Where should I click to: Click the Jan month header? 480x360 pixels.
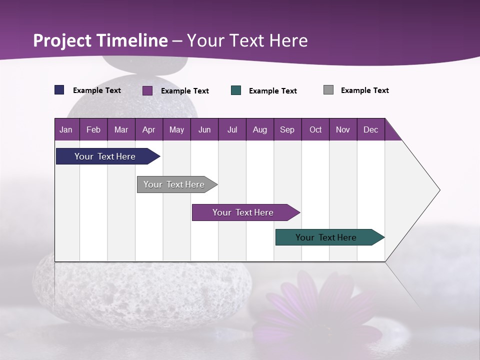[66, 130]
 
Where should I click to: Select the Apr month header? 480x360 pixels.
[149, 130]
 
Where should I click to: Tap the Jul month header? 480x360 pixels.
[232, 130]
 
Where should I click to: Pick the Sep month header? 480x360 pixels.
[287, 130]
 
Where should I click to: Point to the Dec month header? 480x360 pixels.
[371, 130]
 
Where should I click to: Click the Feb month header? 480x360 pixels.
[93, 130]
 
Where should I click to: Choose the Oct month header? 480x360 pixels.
[315, 130]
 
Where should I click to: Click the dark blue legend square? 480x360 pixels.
[59, 90]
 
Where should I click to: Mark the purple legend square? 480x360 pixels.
[147, 90]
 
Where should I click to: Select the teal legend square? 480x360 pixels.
[236, 90]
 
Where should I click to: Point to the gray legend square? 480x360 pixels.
[328, 90]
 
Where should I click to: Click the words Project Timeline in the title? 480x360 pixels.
[100, 40]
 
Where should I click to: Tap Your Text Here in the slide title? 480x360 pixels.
[247, 40]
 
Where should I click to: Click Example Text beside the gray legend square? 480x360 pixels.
[364, 90]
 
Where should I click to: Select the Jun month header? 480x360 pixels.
[204, 130]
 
